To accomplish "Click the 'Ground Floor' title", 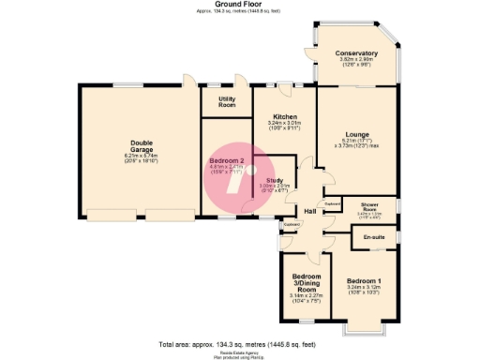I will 239,5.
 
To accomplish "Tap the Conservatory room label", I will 356,53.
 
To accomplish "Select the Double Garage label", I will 141,147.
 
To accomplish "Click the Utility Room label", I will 227,103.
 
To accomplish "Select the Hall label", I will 309,211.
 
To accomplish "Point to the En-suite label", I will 374,236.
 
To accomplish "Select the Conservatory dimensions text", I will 356,62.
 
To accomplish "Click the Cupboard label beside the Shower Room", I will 331,202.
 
